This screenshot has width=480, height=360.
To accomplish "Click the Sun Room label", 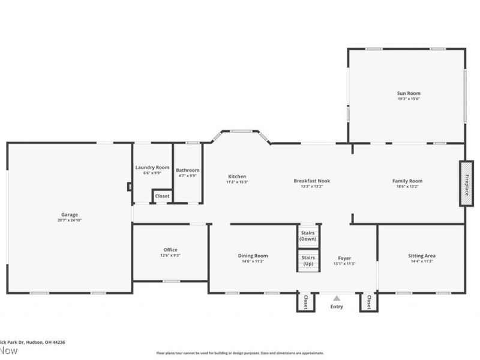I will click(x=408, y=93).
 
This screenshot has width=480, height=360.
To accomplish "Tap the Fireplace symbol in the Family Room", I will click(x=466, y=184).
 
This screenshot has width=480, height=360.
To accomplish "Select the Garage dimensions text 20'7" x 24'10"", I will click(x=69, y=220).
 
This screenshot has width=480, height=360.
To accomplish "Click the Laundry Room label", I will click(x=152, y=167).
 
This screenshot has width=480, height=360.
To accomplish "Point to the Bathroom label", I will click(x=187, y=170).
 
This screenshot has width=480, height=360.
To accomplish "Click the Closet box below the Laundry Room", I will click(x=162, y=196).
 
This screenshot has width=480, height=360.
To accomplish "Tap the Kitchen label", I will click(x=237, y=176).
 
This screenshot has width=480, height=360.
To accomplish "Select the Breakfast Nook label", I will click(x=311, y=181).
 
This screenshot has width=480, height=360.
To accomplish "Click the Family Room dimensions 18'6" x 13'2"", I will click(x=407, y=187).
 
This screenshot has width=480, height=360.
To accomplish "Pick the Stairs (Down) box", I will click(x=308, y=235).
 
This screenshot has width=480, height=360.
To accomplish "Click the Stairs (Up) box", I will click(x=308, y=260).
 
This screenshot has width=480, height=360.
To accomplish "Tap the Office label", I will click(x=170, y=250).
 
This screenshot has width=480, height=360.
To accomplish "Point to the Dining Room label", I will click(x=253, y=256).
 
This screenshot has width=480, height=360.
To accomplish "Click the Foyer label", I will click(x=344, y=258).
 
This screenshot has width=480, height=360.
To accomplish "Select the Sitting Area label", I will click(x=421, y=256).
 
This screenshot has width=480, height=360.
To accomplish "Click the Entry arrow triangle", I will click(x=337, y=298).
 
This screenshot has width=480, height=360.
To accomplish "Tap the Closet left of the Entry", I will click(x=305, y=302).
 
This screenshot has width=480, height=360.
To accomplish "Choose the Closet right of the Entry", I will click(x=368, y=302).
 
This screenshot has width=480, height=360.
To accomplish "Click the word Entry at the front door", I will click(x=337, y=307).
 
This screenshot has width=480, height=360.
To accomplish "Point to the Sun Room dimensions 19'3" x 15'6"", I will click(x=408, y=99).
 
